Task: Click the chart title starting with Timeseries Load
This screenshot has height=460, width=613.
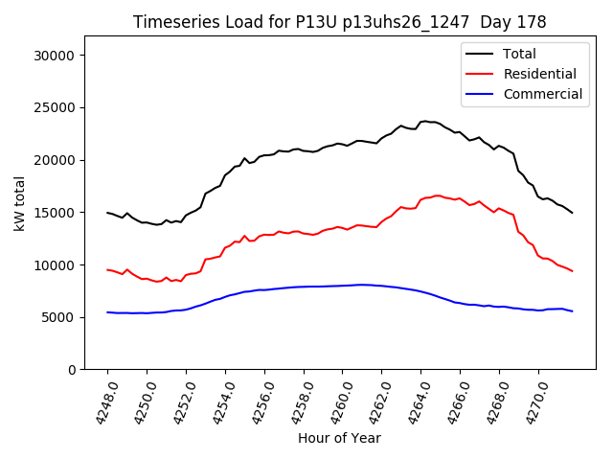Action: pyautogui.click(x=339, y=22)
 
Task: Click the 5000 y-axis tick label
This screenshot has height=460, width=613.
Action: pyautogui.click(x=60, y=317)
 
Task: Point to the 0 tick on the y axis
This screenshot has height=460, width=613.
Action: pyautogui.click(x=72, y=370)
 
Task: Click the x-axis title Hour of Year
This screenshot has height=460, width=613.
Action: pyautogui.click(x=339, y=438)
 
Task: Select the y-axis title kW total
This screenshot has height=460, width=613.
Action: pyautogui.click(x=19, y=203)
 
